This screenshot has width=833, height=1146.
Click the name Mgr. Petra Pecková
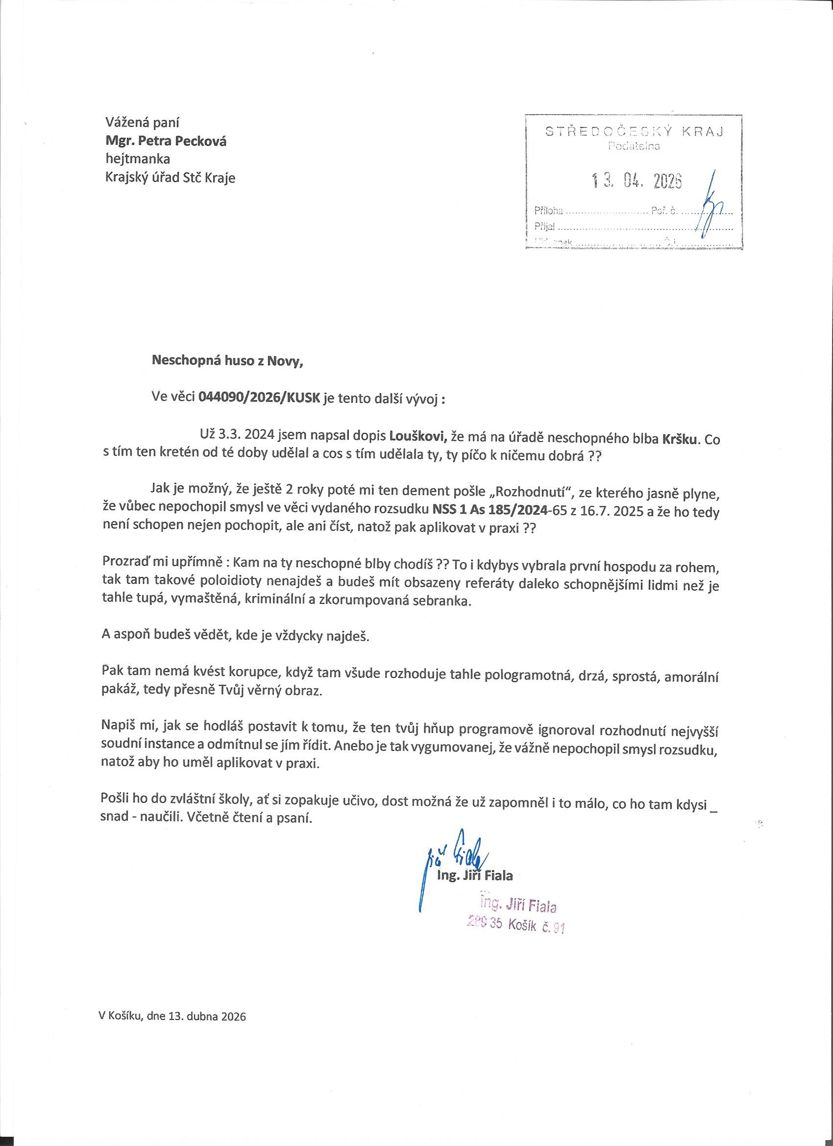(x=165, y=141)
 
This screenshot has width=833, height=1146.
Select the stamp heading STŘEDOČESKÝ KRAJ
(x=634, y=132)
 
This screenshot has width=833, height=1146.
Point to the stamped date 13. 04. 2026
(x=637, y=181)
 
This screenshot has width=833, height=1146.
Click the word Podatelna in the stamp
(x=634, y=147)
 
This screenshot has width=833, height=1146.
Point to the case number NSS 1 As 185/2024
(x=490, y=509)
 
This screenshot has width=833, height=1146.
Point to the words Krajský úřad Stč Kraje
(x=170, y=178)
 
